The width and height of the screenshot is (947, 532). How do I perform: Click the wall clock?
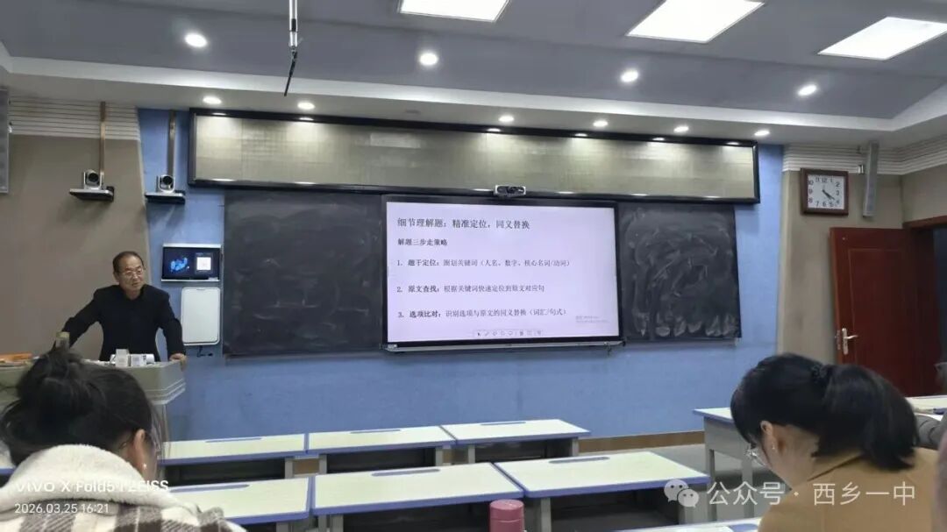823,192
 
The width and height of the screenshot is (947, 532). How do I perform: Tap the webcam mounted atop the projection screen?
509,190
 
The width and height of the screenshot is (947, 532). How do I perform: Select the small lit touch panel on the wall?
190,262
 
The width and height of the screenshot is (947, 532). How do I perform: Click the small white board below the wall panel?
200,316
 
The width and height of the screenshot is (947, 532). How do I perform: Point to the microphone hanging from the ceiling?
292,44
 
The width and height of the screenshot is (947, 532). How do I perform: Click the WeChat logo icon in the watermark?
681,493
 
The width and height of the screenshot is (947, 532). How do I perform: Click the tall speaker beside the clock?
870,179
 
